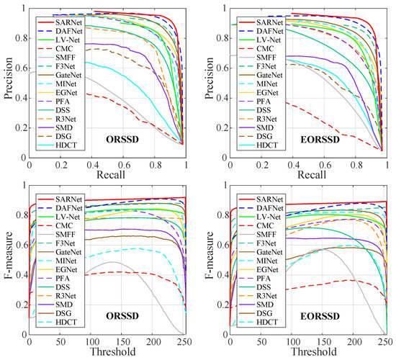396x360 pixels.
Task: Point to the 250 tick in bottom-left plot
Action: pyautogui.click(x=185, y=342)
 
